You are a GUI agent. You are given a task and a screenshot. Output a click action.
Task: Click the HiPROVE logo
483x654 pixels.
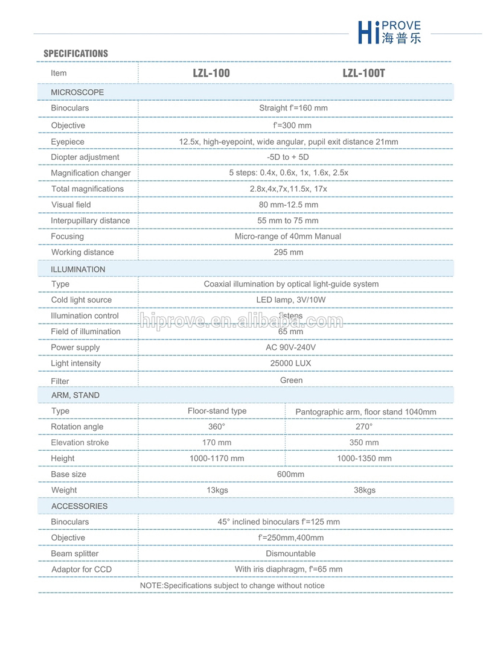(389, 32)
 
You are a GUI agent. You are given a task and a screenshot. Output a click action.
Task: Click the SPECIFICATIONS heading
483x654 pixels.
(75, 54)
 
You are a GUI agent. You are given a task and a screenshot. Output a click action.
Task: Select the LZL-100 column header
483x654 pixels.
(211, 73)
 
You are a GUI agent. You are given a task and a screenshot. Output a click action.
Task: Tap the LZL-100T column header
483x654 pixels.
(363, 73)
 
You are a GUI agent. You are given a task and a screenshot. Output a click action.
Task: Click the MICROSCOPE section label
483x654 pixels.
(77, 92)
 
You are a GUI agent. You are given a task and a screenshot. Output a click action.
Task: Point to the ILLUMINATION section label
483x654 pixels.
(78, 269)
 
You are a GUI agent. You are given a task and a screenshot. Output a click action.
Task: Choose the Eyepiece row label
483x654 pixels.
(68, 142)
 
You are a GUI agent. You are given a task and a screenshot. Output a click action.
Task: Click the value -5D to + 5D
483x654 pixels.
(288, 157)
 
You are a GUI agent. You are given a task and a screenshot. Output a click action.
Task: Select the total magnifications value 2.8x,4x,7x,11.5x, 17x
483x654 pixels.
(289, 189)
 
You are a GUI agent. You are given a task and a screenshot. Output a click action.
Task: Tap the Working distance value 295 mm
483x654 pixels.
(289, 252)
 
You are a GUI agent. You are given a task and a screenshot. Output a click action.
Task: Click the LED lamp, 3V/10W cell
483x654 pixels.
(289, 300)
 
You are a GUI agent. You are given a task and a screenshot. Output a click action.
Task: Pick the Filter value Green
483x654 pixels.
(291, 380)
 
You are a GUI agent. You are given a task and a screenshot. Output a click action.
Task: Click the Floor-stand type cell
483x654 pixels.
(217, 411)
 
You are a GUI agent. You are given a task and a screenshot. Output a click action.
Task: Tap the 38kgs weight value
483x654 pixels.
(365, 490)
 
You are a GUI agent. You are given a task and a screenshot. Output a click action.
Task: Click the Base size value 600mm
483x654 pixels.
(290, 474)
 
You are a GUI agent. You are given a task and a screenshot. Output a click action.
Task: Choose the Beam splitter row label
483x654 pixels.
(75, 553)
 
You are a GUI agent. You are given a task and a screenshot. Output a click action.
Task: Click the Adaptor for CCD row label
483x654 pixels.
(82, 569)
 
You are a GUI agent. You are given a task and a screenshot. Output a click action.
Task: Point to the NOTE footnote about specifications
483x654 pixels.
(232, 585)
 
